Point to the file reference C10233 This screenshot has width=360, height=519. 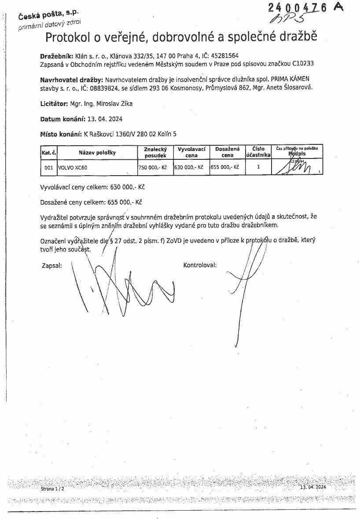(303, 63)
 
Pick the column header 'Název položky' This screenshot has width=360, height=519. (97, 153)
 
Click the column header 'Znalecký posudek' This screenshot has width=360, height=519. (155, 153)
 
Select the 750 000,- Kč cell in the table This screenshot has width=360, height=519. (155, 168)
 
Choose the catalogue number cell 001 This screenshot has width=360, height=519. (49, 168)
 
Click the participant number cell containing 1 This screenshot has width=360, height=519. (258, 167)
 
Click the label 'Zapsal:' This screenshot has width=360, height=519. (51, 266)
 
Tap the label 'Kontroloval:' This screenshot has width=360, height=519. (200, 265)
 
